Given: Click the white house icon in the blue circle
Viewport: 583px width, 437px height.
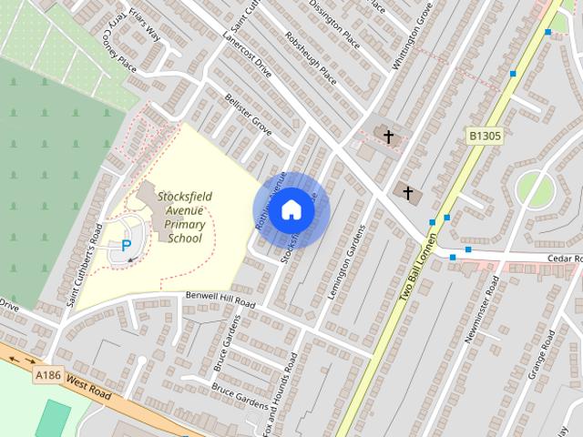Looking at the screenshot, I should [291, 209].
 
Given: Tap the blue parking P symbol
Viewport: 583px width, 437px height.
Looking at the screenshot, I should [127, 245].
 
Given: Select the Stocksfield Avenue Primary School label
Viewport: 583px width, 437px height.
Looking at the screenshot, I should [179, 218].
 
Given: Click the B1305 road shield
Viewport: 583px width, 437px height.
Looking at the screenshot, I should [486, 137].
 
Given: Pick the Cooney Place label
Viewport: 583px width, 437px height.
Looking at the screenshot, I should [118, 53].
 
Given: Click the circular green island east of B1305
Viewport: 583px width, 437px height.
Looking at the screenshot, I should [535, 189].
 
